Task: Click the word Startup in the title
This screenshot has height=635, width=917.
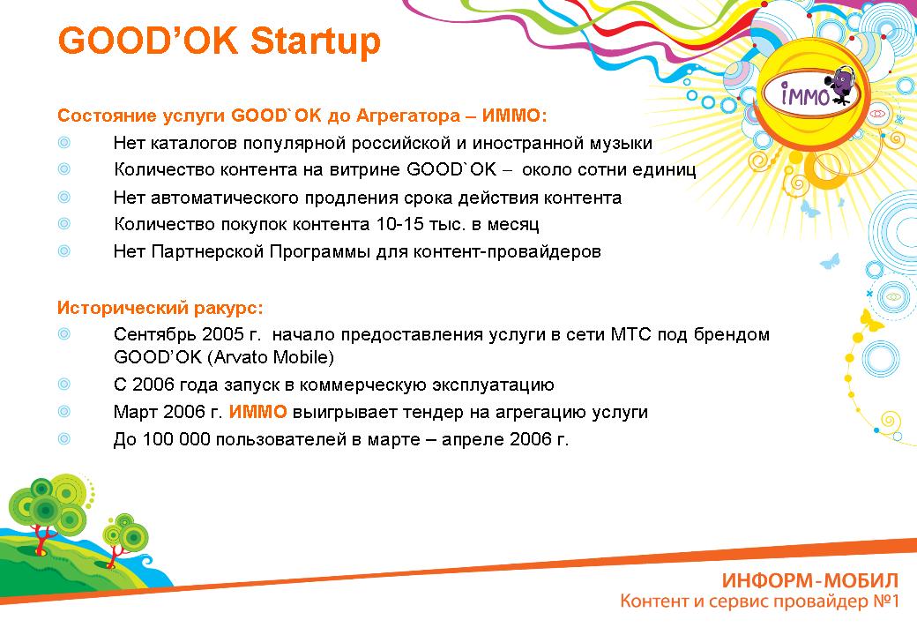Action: click(x=316, y=41)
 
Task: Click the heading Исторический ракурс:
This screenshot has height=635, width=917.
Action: click(x=160, y=308)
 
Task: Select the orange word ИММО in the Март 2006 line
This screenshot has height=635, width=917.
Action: click(x=257, y=412)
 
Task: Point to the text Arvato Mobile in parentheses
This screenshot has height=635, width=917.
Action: click(x=273, y=356)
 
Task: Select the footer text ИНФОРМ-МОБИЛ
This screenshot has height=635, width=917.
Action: click(x=809, y=580)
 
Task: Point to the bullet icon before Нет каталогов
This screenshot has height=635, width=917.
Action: click(x=64, y=142)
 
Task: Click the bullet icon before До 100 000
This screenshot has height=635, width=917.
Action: click(x=64, y=438)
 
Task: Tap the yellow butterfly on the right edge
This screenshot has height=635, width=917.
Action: click(x=871, y=320)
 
